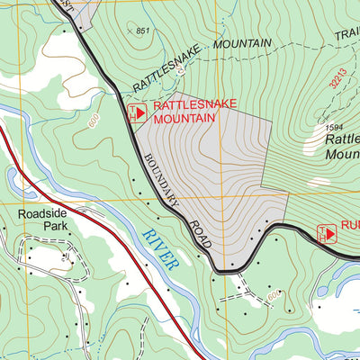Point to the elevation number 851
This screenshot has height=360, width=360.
point(141,31)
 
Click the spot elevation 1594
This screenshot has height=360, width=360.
point(334,128)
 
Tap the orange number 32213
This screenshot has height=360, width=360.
point(336,88)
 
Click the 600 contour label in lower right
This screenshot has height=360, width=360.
point(274,294)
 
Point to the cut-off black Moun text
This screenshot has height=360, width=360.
point(342,155)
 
